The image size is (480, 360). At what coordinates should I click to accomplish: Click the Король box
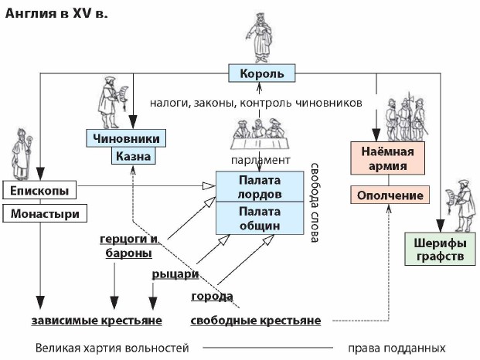click(x=262, y=74)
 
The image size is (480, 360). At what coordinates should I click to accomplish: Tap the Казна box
click(x=133, y=157)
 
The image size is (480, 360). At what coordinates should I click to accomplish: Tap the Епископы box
click(x=40, y=190)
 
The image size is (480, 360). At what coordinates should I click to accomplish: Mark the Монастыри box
click(x=44, y=212)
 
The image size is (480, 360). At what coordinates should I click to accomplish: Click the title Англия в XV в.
click(x=58, y=13)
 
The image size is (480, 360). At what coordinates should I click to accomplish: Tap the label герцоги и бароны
click(x=129, y=245)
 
